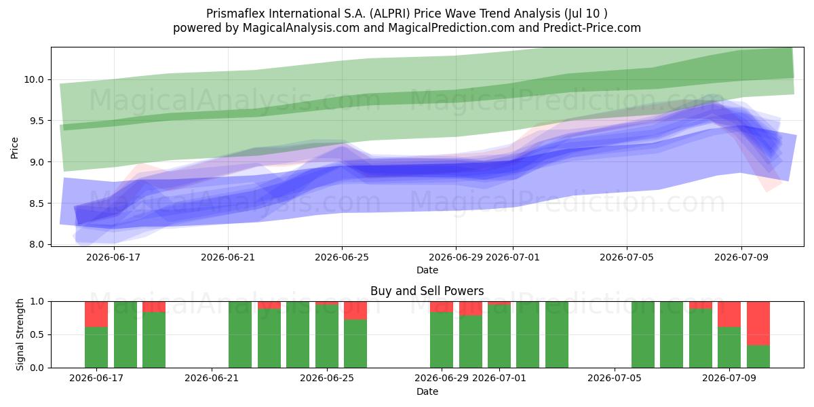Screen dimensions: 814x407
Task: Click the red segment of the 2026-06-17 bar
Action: (96, 314)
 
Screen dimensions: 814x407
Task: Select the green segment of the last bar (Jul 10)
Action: (758, 357)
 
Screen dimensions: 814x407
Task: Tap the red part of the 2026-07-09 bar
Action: (729, 314)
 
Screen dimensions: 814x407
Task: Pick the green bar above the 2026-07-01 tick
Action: (499, 336)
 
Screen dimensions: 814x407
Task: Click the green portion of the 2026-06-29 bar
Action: (442, 340)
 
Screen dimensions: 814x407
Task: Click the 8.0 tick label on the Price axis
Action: (37, 245)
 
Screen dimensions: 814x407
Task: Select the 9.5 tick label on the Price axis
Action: (37, 121)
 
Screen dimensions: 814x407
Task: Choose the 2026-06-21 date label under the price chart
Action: (228, 257)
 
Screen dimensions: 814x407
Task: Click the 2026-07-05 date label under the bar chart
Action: (615, 379)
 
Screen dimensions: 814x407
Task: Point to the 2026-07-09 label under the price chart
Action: (741, 257)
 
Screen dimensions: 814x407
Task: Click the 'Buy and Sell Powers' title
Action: (427, 291)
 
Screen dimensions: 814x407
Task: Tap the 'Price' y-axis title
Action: (14, 148)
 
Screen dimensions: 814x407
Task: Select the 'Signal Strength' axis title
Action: (20, 334)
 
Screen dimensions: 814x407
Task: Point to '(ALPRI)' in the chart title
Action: (390, 14)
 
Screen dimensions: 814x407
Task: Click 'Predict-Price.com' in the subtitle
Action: (592, 28)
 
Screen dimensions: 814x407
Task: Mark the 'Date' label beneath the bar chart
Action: (427, 392)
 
